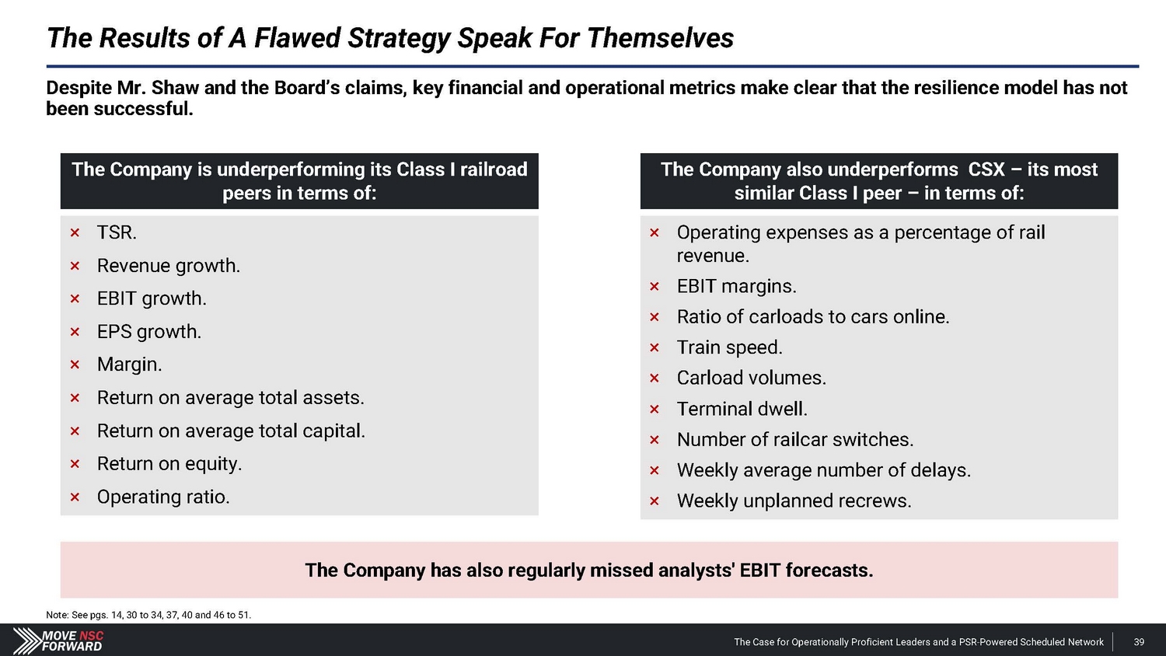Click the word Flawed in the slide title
(x=297, y=38)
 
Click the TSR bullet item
(x=117, y=232)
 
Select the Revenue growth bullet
(x=168, y=266)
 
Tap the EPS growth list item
(x=149, y=332)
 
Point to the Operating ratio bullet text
(x=163, y=497)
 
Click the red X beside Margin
(x=75, y=365)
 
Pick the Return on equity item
(x=169, y=464)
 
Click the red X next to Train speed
(x=655, y=347)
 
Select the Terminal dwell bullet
(x=742, y=409)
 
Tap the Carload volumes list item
(x=751, y=378)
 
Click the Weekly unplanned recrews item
(x=794, y=501)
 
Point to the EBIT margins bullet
(x=736, y=286)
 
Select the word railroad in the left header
(x=493, y=169)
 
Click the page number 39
(x=1139, y=642)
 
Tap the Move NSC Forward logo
(x=58, y=640)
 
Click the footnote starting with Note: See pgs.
(x=148, y=615)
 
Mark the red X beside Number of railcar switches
(x=655, y=440)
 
